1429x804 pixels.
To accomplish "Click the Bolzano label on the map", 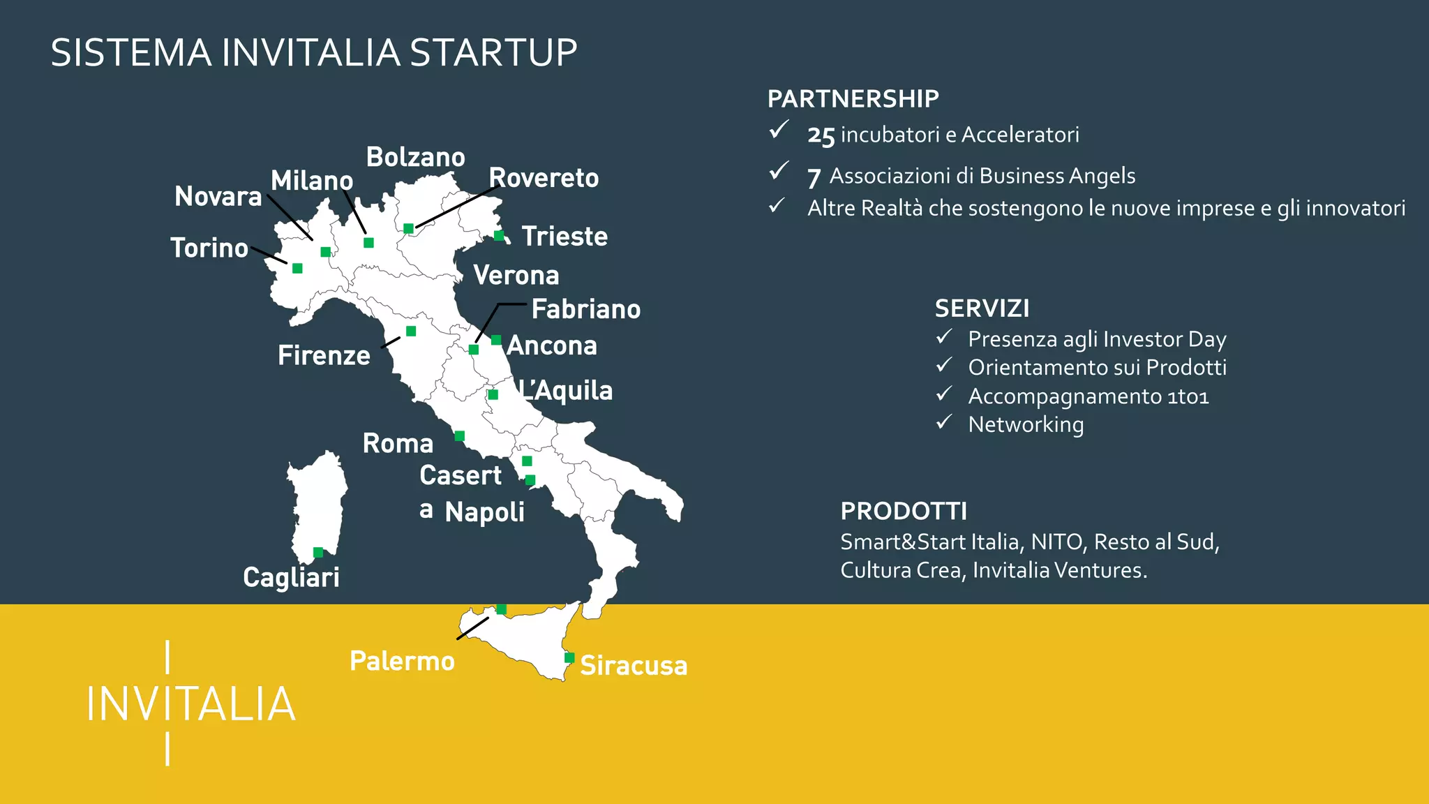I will [x=415, y=158].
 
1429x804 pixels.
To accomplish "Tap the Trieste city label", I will [x=564, y=237].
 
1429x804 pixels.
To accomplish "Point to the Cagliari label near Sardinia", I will [x=291, y=577].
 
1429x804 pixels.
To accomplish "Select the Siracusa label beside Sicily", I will [x=634, y=665].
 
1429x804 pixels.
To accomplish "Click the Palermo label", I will [x=402, y=661].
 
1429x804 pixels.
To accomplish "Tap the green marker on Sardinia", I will [x=318, y=553].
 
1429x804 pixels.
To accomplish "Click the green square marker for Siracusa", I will [x=569, y=657].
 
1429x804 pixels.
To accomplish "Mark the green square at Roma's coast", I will [x=459, y=436].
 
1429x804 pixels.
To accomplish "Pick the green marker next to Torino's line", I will [x=297, y=268].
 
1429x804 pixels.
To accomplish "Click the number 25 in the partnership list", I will [x=821, y=135].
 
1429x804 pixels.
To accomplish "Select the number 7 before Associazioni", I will [x=814, y=177].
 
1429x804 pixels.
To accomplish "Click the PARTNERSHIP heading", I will [x=853, y=99].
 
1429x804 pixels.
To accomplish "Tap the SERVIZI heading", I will [x=982, y=308].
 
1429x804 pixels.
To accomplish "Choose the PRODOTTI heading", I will [x=904, y=512].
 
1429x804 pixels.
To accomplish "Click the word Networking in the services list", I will [x=1026, y=424].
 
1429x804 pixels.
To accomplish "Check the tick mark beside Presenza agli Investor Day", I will [x=944, y=338].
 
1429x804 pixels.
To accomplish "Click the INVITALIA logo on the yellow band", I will [x=190, y=703].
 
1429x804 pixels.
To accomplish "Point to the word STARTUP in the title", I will [x=493, y=53].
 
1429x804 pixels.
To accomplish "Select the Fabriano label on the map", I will [x=586, y=309].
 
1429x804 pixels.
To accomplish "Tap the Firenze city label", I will [x=324, y=356].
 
